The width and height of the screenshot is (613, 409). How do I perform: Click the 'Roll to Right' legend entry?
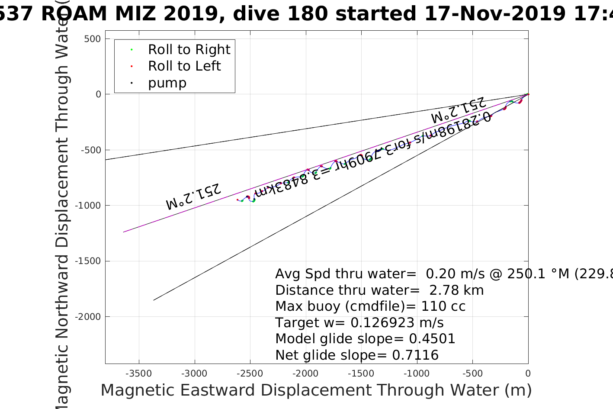tap(189, 50)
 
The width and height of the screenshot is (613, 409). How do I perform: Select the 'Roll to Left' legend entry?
tap(184, 66)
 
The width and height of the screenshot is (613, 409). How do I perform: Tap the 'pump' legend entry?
tap(167, 83)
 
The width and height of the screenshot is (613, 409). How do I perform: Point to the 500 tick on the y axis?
tap(92, 39)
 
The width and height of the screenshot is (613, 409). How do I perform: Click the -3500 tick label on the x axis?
tap(139, 374)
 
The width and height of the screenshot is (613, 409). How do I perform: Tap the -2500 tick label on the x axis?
tap(250, 374)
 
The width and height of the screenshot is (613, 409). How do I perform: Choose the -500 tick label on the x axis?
tap(472, 374)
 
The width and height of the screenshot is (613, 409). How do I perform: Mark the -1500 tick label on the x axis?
tap(361, 374)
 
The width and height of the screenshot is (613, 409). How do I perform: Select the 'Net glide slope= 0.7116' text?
tap(357, 355)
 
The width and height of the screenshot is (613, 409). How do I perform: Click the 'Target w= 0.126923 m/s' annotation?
tap(359, 323)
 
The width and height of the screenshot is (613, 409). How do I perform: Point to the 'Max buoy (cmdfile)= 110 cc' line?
tap(370, 306)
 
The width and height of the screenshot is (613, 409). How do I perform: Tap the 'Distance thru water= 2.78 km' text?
tap(379, 290)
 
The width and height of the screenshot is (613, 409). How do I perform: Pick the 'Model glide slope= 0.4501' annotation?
tap(365, 339)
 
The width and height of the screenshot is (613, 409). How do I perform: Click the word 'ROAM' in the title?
tap(74, 14)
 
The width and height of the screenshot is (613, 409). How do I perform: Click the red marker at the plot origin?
tap(528, 94)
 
